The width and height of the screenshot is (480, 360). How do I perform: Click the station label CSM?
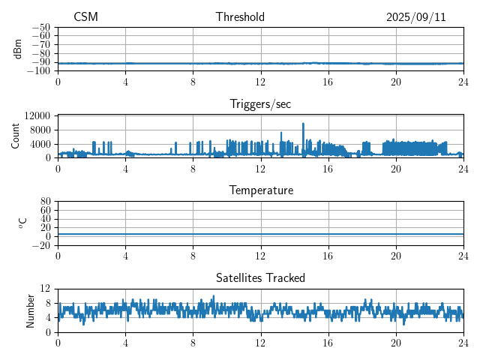point(85,17)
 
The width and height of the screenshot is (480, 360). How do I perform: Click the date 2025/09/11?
point(416,17)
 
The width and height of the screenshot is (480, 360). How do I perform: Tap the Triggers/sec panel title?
point(260,104)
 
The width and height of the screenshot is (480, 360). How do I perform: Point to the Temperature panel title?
point(260,191)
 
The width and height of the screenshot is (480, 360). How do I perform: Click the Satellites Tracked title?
point(260,278)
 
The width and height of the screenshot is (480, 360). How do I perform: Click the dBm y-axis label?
point(18,49)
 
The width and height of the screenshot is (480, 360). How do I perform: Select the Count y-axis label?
point(16,136)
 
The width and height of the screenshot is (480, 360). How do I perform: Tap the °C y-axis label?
point(22,223)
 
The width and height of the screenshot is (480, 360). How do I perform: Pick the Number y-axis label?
point(31,310)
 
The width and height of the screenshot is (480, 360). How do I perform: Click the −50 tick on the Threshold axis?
point(40,27)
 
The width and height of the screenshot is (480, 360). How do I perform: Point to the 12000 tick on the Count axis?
point(37,115)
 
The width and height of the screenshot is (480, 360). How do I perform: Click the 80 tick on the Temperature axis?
point(45,202)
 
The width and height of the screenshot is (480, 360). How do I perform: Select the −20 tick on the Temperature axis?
point(40,245)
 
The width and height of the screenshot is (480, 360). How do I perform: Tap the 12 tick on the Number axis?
point(45,289)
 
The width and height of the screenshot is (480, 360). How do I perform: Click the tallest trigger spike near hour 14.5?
point(303,124)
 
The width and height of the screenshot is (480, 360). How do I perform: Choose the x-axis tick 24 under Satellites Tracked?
point(463,342)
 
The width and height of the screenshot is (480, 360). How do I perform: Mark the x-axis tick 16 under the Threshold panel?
point(328,81)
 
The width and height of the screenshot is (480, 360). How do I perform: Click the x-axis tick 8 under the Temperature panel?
point(193,255)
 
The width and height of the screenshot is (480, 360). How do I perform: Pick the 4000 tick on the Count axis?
point(40,144)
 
